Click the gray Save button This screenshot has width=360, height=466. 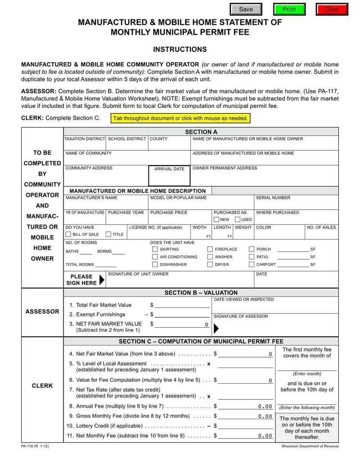coord(246,9)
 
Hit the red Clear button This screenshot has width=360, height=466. coord(332,9)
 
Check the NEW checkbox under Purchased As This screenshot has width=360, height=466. coord(216,220)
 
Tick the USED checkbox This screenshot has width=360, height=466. coord(238,220)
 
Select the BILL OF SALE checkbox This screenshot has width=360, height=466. coord(68,235)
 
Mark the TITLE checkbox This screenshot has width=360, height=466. coord(108,235)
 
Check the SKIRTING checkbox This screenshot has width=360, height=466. coord(155,249)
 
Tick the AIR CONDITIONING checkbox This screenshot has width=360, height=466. coord(155,257)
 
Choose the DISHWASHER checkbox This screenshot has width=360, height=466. coord(155,265)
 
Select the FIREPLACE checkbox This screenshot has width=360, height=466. coord(210,249)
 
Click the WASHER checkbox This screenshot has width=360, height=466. coord(210,257)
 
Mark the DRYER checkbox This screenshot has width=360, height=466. coord(210,265)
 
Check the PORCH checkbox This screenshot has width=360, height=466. coord(252,249)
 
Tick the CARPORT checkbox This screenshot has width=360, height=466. coord(252,265)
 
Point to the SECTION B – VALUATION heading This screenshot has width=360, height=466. coord(201,293)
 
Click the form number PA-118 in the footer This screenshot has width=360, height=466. coord(35,446)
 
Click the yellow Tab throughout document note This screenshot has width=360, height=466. coord(180,118)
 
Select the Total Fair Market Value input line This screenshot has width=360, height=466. coord(182,305)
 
